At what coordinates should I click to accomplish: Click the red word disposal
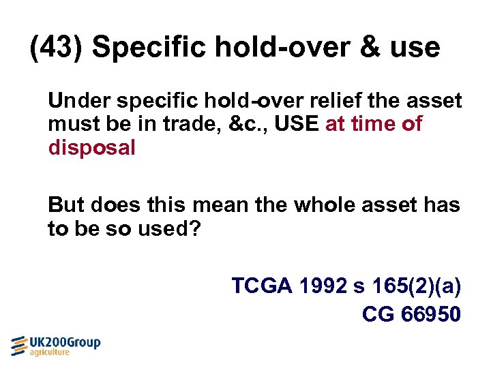[91, 148]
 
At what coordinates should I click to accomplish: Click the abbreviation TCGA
[263, 286]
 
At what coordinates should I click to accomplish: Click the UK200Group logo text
[65, 343]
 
